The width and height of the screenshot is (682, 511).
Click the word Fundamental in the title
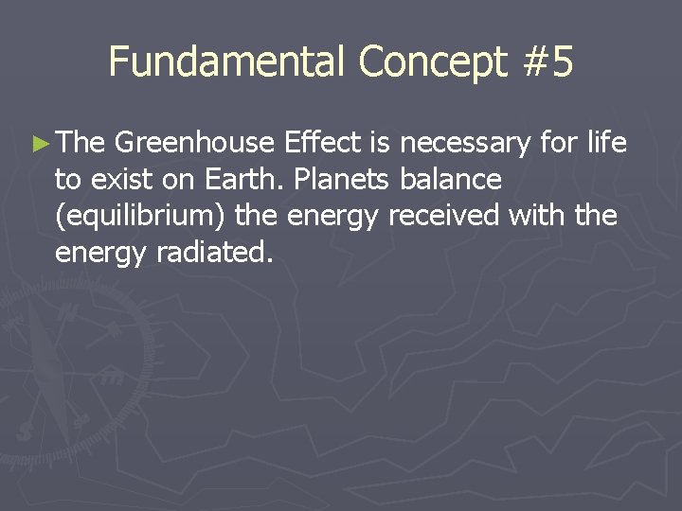(227, 62)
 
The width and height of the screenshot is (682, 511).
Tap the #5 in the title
(547, 62)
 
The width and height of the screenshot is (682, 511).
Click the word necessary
(466, 145)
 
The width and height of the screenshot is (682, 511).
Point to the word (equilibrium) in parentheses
(140, 217)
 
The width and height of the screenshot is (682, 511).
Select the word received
(442, 217)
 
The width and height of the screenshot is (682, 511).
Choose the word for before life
(561, 143)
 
